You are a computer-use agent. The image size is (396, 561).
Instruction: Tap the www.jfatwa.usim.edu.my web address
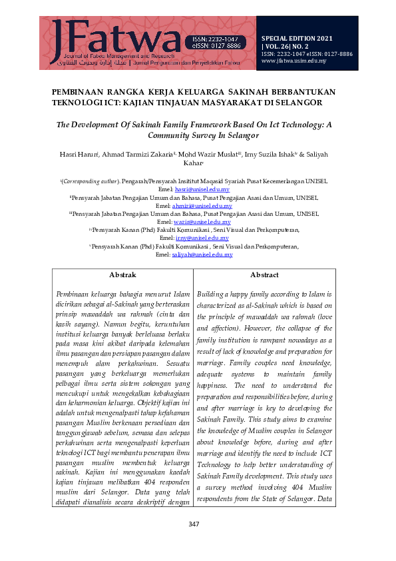[294, 60]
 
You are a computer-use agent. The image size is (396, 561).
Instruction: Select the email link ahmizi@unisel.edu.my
[208, 206]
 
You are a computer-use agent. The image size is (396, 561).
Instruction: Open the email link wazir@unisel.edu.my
[207, 222]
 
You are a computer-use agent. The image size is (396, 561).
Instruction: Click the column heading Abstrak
[122, 275]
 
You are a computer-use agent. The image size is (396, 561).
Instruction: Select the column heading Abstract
[264, 275]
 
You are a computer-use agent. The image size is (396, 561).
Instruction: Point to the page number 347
[194, 544]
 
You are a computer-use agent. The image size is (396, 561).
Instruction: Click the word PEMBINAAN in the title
[81, 91]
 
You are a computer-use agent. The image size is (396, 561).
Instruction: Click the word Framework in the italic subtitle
[238, 124]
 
